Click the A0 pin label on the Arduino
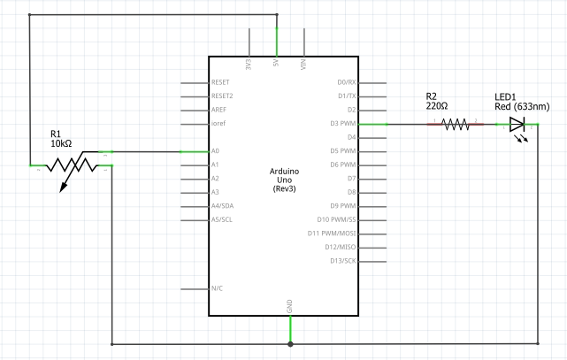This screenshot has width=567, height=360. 215,151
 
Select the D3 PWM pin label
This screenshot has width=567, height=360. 342,124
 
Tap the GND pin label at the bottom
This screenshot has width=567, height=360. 290,307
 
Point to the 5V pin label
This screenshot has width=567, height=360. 277,64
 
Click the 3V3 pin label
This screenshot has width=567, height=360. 250,65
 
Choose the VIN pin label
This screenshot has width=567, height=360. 304,65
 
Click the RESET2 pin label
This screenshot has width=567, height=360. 222,96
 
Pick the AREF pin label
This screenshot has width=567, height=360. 218,110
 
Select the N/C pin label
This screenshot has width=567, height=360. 217,288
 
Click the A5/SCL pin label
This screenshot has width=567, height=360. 221,219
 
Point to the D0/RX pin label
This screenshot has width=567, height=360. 346,82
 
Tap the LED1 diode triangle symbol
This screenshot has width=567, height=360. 517,125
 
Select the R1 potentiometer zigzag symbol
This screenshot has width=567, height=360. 71,165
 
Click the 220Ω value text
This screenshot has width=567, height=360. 437,106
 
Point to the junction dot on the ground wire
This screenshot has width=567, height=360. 290,343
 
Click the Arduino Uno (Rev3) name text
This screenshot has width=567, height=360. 284,180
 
